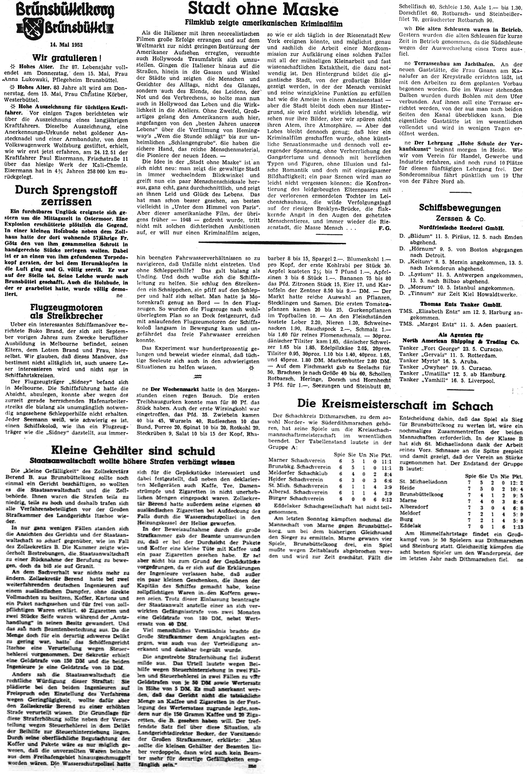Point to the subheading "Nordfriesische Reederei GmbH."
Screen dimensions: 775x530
pos(460,228)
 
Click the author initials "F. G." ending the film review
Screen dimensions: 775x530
pos(385,228)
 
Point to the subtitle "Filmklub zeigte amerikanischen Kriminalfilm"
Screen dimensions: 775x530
pos(264,23)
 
